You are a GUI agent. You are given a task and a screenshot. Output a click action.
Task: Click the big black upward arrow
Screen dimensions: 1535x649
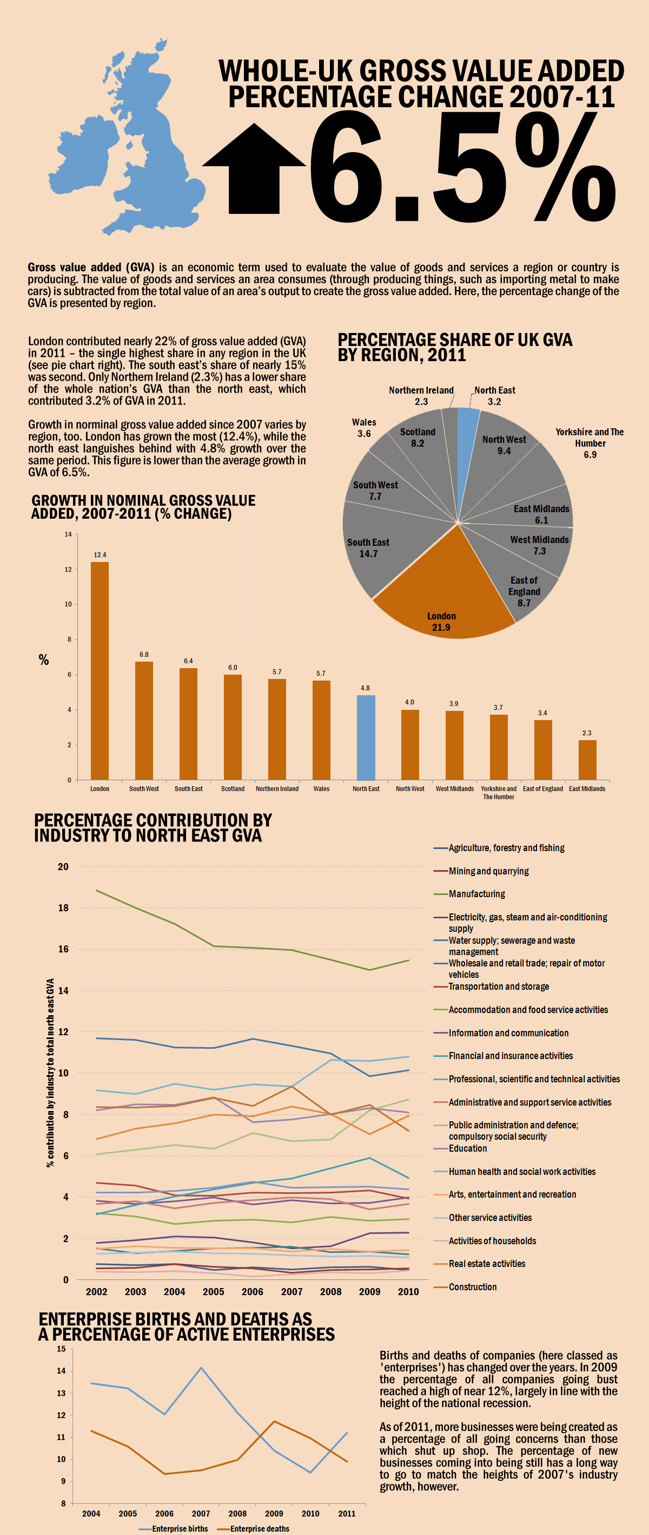[254, 170]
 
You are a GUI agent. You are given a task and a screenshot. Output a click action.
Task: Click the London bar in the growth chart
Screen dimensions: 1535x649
[100, 670]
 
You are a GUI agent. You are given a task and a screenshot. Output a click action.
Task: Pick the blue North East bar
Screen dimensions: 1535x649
[366, 737]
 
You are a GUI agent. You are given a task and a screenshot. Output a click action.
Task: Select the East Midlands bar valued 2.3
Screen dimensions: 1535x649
[587, 760]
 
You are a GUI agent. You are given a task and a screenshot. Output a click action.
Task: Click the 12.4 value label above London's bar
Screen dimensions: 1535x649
[100, 555]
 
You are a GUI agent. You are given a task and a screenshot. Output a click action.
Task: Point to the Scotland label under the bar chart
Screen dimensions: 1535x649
[233, 788]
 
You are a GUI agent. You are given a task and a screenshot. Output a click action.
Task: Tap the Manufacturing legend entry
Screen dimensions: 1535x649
[476, 894]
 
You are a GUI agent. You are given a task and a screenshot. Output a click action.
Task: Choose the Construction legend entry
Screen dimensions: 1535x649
[472, 1286]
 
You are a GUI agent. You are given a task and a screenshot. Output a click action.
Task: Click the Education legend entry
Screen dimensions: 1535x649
[467, 1148]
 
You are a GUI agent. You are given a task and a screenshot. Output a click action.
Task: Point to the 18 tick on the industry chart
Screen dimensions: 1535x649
[63, 907]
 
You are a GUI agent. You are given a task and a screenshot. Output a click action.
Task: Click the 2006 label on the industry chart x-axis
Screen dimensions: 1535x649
[253, 1291]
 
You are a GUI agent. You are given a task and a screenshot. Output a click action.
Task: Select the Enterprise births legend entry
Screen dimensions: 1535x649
[179, 1529]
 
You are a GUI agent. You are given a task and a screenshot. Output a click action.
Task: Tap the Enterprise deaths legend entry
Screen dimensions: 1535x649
[259, 1529]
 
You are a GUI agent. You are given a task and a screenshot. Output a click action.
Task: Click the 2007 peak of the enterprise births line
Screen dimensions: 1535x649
[201, 1368]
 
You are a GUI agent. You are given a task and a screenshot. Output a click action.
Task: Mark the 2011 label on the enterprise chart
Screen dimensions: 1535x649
[347, 1513]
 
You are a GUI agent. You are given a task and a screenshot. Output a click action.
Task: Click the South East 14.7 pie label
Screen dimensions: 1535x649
[368, 547]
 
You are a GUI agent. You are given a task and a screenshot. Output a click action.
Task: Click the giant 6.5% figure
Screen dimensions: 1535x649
[461, 167]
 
